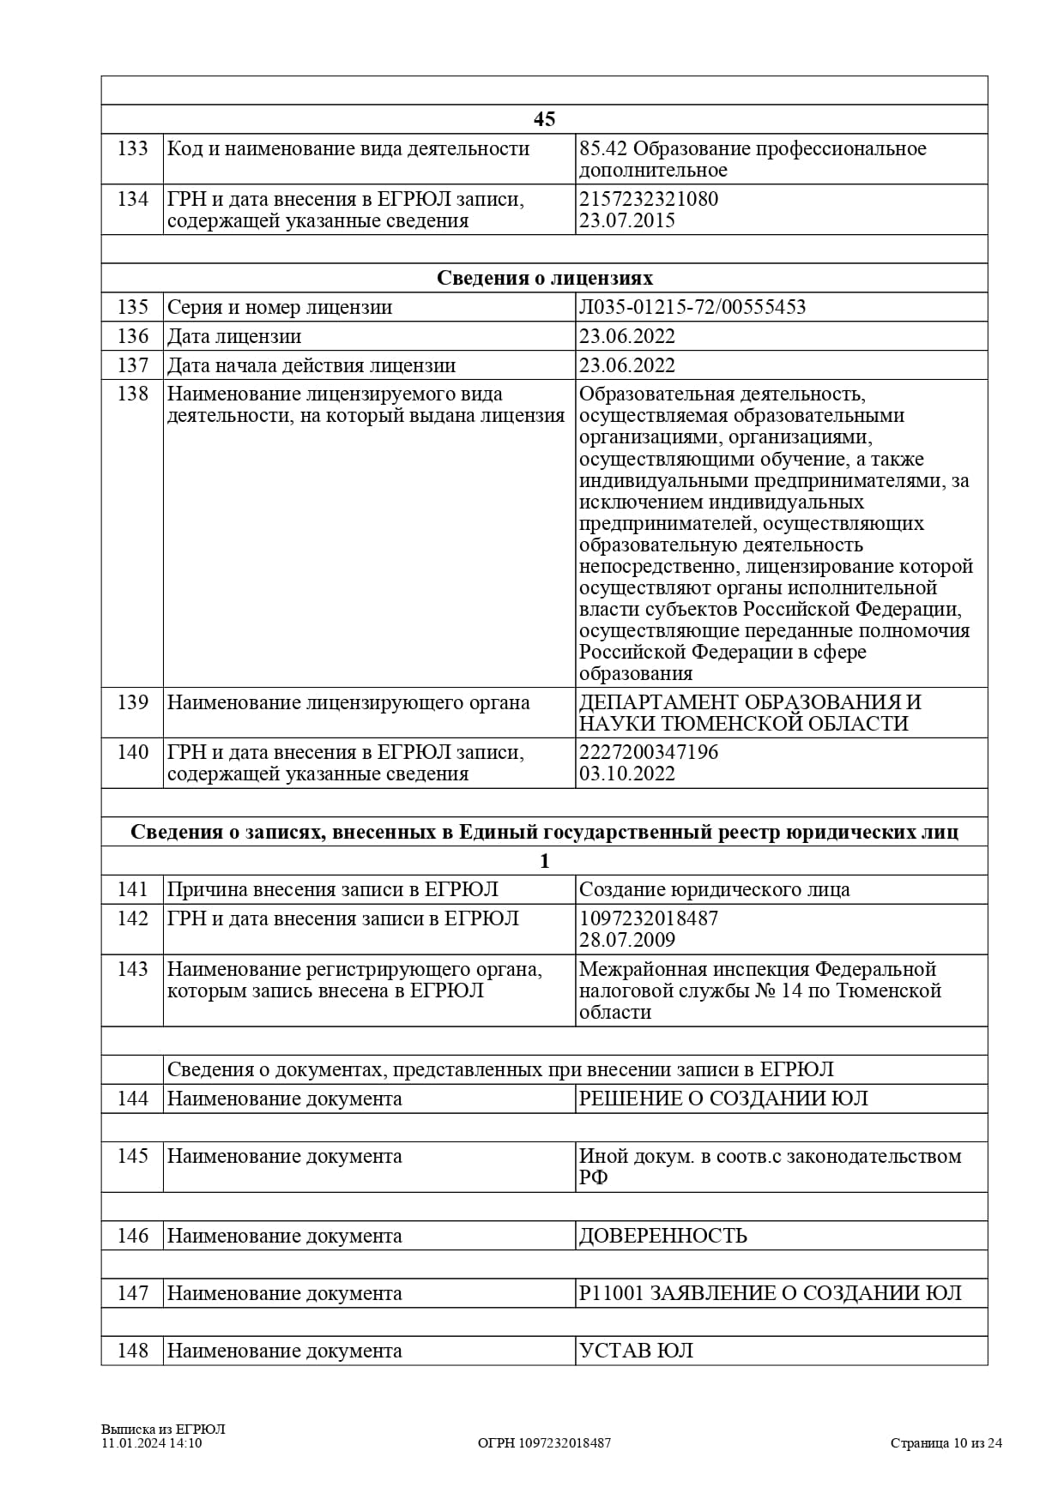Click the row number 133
coord(132,149)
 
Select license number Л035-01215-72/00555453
coord(692,307)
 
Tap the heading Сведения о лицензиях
coord(544,278)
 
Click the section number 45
coord(544,119)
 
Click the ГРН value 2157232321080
coord(649,199)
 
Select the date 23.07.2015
coord(627,220)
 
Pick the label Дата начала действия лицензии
coord(311,365)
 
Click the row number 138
coord(132,394)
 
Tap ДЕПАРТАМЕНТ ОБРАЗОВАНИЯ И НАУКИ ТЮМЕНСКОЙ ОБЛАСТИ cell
coord(749,713)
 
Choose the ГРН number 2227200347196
coord(649,752)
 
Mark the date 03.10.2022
coord(627,774)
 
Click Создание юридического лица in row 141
coord(714,889)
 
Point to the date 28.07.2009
coord(627,940)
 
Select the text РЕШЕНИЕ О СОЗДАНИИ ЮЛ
coord(723,1099)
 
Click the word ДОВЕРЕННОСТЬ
coord(662,1236)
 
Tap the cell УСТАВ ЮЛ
coord(636,1351)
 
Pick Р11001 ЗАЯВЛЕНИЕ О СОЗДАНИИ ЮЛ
coord(770,1293)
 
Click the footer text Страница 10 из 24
coord(946,1442)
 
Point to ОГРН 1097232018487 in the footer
coord(544,1442)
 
